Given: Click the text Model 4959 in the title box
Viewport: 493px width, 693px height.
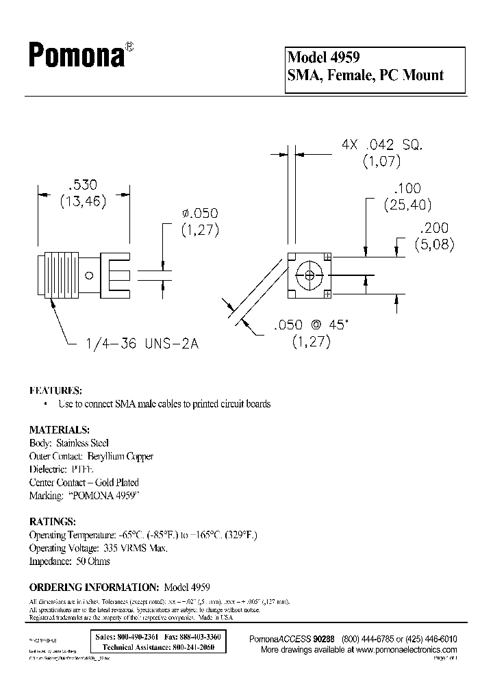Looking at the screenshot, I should (x=324, y=58).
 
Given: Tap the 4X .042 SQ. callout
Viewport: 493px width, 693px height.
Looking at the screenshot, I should (x=383, y=144).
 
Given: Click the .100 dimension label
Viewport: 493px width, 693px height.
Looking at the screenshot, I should (x=407, y=188).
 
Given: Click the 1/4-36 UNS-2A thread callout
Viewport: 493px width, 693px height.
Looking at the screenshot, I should (x=143, y=344).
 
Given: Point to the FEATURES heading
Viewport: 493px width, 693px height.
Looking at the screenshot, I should (x=55, y=390).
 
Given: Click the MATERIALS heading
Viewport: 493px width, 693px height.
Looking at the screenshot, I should (x=59, y=430).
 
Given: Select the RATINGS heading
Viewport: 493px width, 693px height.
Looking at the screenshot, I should (x=52, y=522).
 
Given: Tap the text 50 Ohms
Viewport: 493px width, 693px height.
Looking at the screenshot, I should (x=90, y=561).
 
